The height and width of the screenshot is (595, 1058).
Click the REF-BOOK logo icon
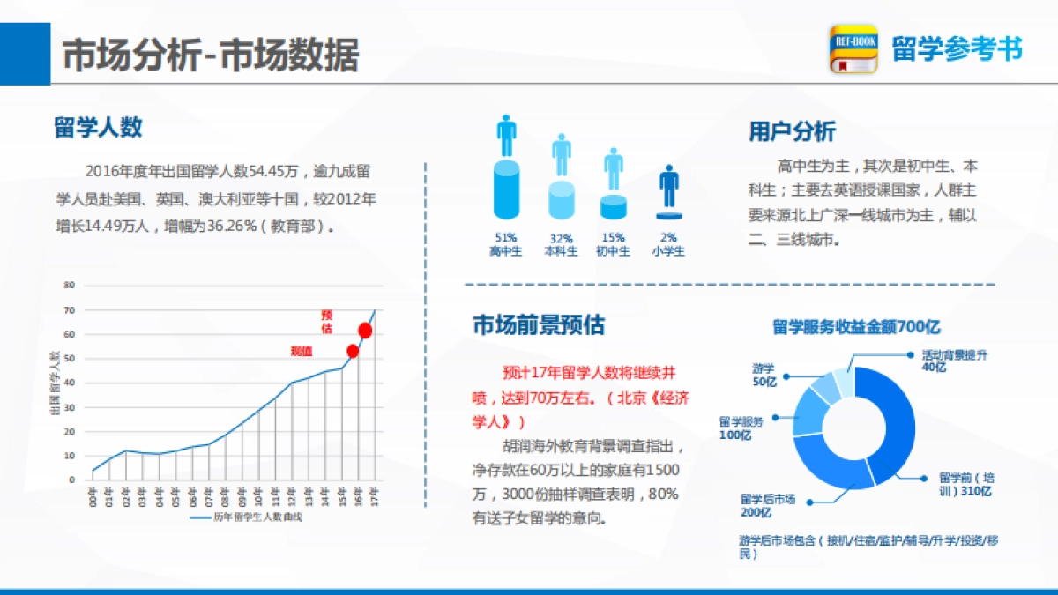point(853,48)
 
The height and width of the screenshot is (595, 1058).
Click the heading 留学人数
point(98,128)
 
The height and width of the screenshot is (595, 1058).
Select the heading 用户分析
point(792,132)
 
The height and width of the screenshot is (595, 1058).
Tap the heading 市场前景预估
point(538,325)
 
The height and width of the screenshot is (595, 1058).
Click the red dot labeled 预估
point(365,331)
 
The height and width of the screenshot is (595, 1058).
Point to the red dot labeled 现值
point(353,351)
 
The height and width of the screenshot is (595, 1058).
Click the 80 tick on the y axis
point(70,285)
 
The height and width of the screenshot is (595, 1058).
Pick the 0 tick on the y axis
point(72,480)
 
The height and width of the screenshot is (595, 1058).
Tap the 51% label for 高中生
point(506,238)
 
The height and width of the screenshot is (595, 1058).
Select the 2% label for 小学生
point(668,238)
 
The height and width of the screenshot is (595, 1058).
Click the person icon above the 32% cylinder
point(562,155)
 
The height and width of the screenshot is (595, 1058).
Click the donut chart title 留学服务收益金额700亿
point(844,327)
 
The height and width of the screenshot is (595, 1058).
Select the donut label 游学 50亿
point(764,375)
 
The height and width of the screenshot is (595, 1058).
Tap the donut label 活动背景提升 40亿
point(954,360)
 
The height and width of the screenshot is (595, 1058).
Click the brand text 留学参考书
point(957,49)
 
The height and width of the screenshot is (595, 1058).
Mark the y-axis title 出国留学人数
point(55,383)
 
